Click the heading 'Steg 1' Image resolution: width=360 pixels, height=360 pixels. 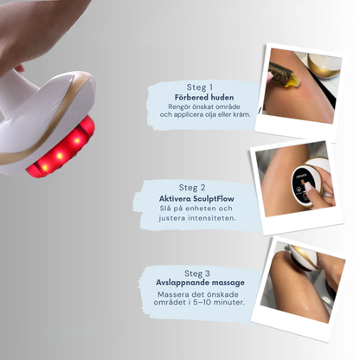(199, 87)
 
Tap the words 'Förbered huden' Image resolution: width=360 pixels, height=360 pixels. (199, 97)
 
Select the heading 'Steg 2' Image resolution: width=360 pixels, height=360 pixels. (193, 186)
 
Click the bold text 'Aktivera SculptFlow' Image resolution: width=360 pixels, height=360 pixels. (196, 198)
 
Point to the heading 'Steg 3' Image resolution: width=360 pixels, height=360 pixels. (195, 273)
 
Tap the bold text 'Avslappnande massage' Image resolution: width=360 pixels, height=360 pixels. (195, 283)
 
